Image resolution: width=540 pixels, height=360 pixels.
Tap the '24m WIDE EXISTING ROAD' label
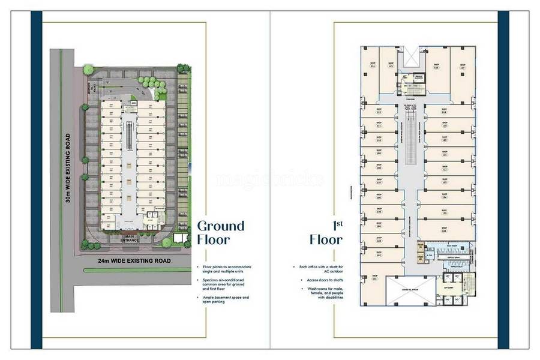tap(134, 260)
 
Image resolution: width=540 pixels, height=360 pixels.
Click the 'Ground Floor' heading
tap(221, 233)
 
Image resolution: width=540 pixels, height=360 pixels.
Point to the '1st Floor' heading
tap(326, 233)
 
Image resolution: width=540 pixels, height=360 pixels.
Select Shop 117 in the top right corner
tap(462, 67)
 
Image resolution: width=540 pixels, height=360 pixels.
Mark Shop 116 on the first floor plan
tap(436, 67)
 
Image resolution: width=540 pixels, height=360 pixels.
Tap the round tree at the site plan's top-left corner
tap(88, 70)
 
